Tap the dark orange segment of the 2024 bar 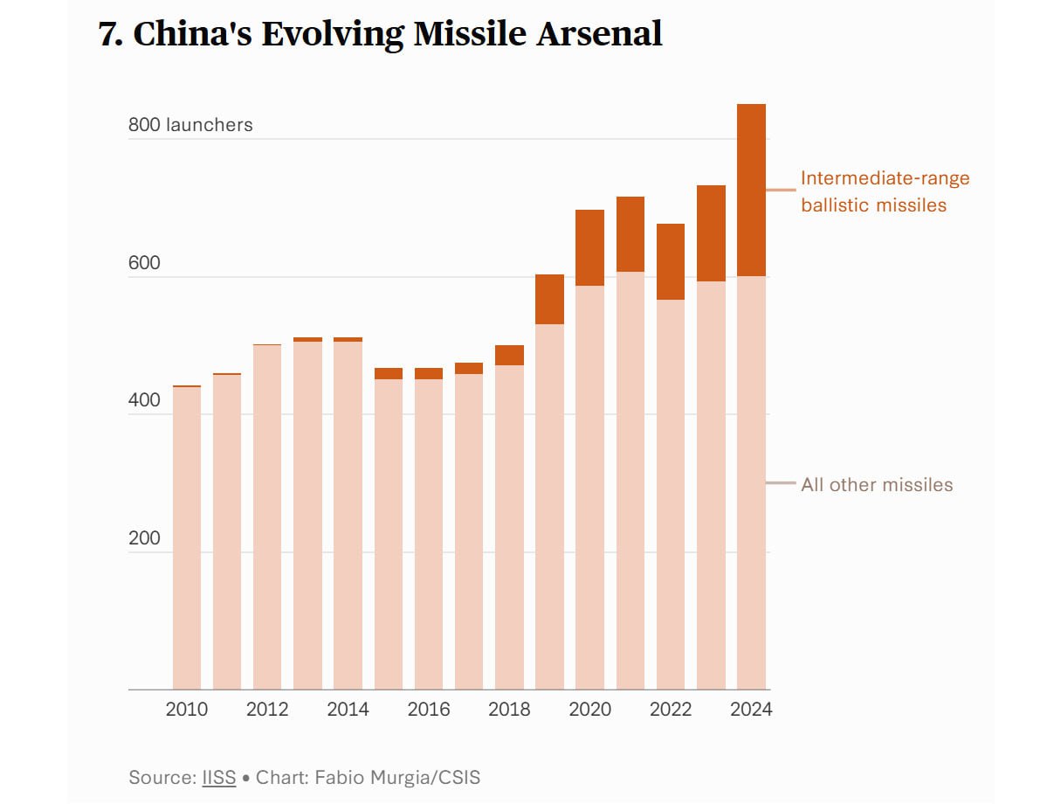751,190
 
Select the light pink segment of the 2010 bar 187,537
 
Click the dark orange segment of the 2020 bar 589,247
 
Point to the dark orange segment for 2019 549,299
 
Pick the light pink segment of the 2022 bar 671,495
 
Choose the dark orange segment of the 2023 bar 711,233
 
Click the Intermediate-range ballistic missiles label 885,191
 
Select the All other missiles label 877,484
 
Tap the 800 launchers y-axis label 190,125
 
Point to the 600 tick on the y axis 144,263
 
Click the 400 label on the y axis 144,400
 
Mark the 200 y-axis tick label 144,538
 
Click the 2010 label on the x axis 187,709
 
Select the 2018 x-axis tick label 509,709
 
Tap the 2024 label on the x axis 751,709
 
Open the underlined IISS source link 219,777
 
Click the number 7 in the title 109,35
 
